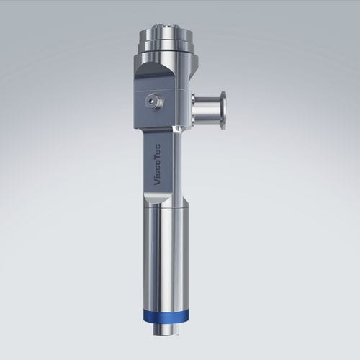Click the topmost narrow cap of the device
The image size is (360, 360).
coord(166,32)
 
